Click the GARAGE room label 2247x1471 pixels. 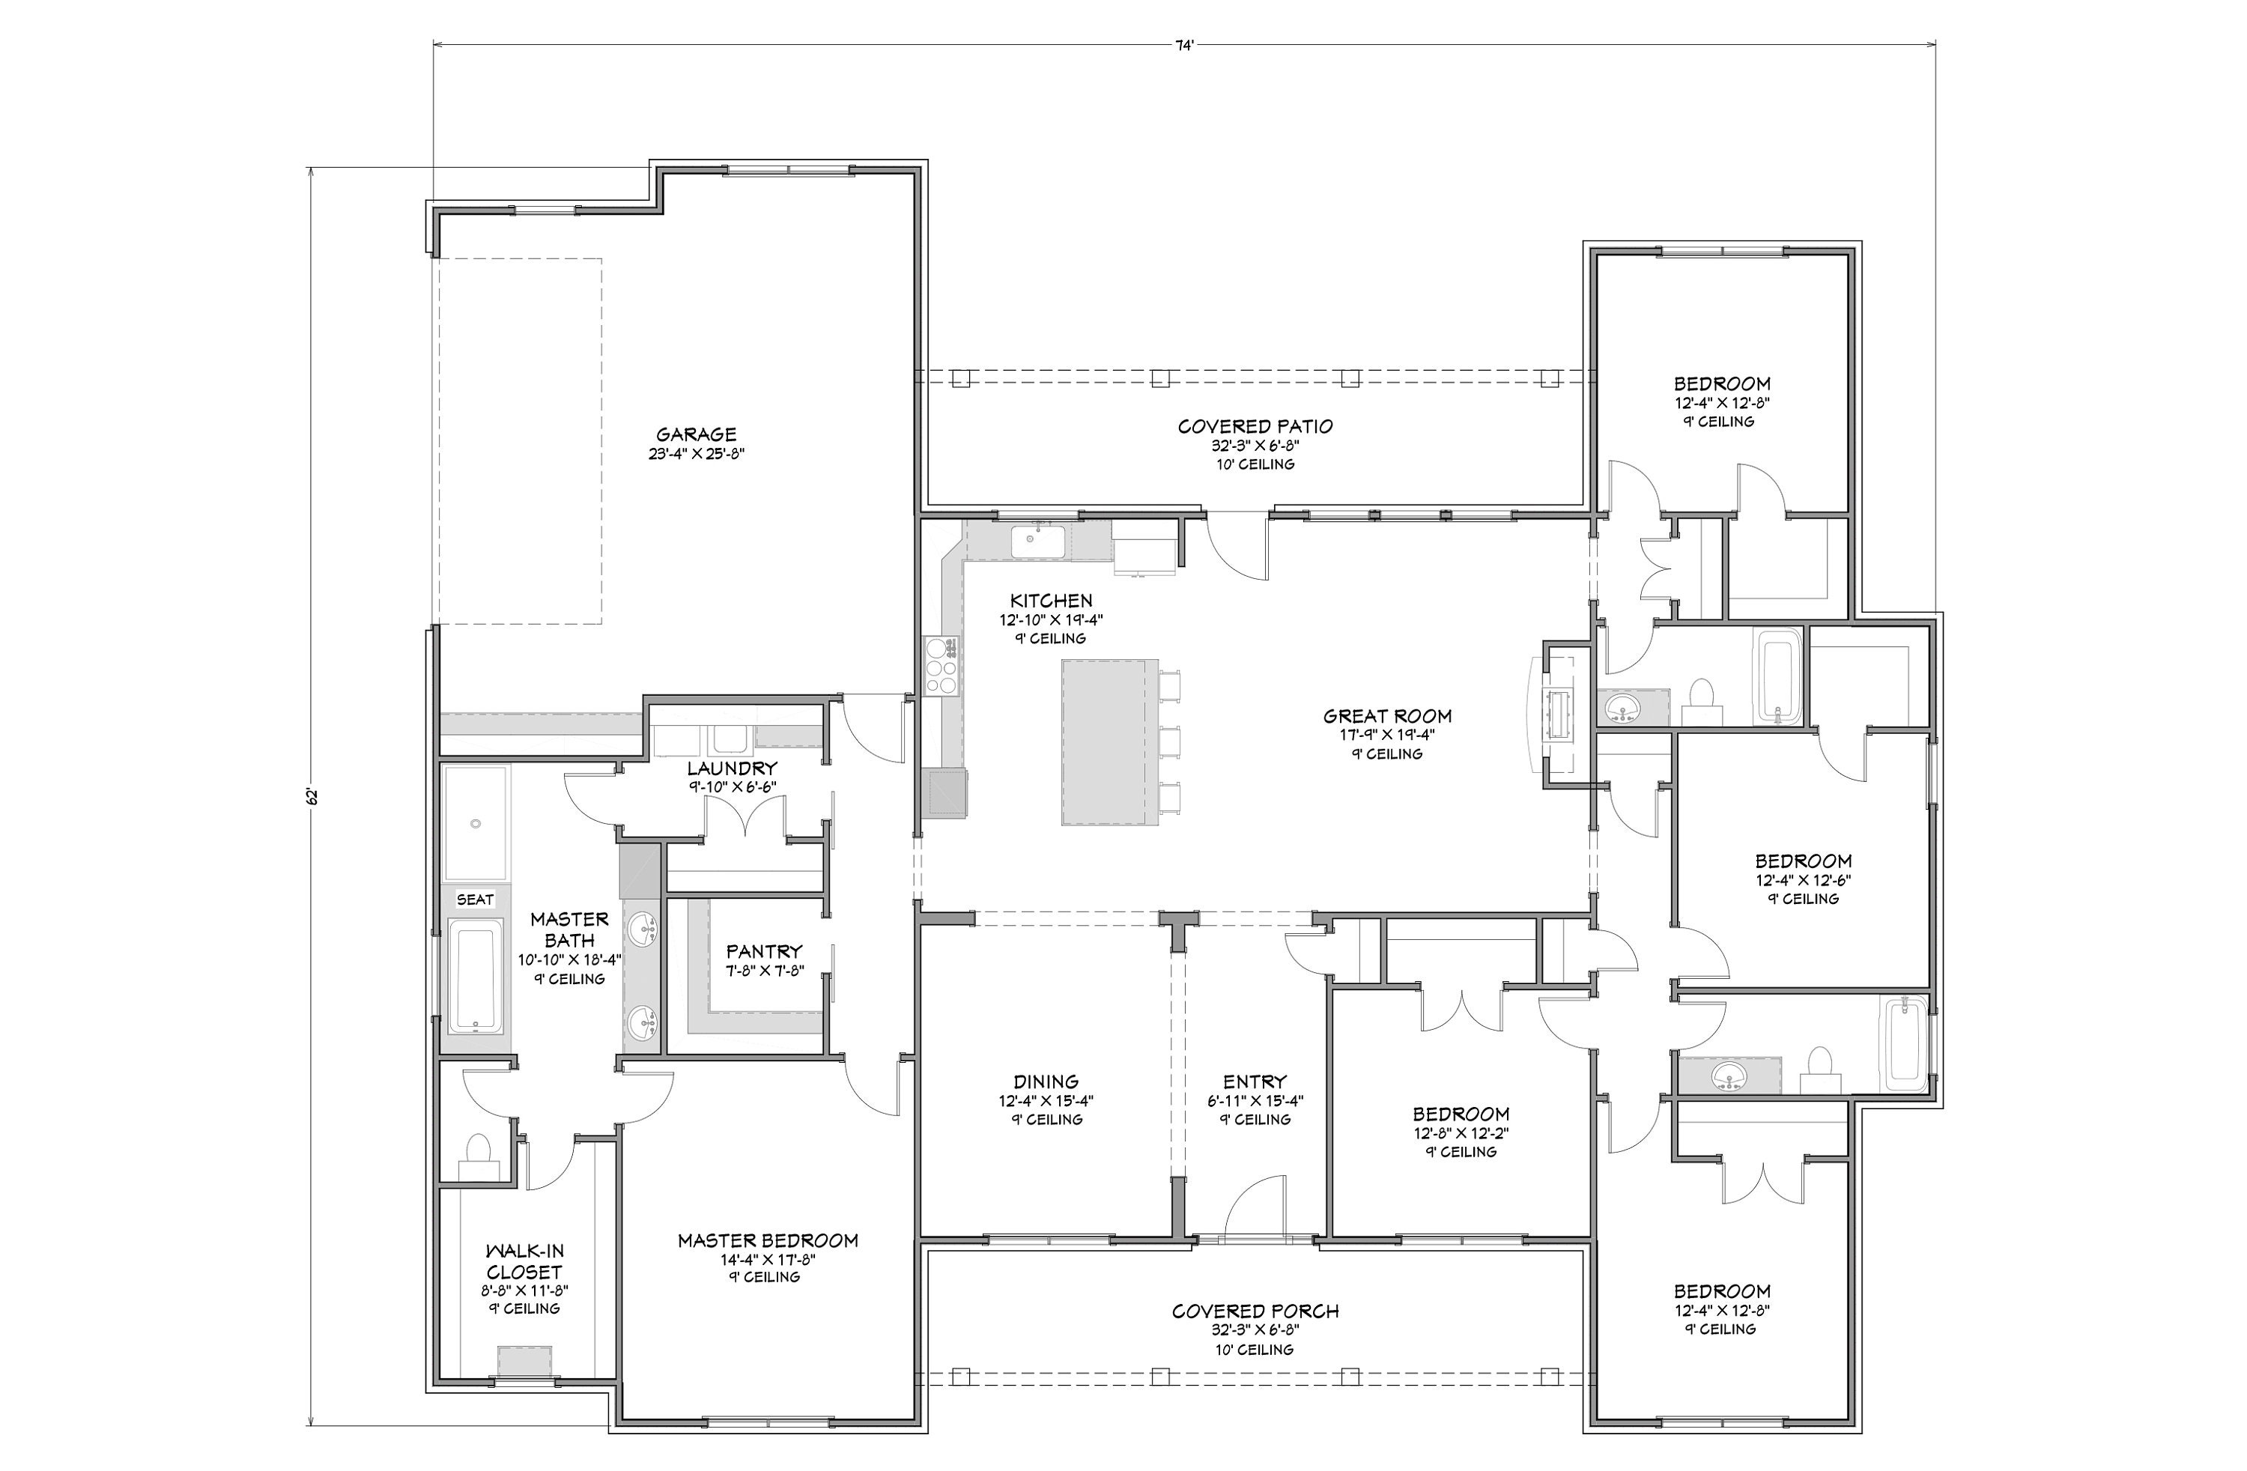(696, 434)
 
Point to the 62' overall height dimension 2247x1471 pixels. (312, 796)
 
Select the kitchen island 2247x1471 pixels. (1109, 742)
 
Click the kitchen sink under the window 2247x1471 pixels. (1037, 542)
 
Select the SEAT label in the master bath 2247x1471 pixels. (475, 899)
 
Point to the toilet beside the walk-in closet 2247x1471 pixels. (479, 1156)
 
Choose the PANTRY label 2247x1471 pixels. (764, 950)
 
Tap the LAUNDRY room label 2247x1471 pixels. (732, 768)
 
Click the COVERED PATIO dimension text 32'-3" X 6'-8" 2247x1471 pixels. (1255, 446)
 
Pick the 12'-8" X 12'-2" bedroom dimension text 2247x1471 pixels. (1461, 1133)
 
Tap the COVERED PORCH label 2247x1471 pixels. (1255, 1311)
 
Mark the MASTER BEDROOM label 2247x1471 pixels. (768, 1240)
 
